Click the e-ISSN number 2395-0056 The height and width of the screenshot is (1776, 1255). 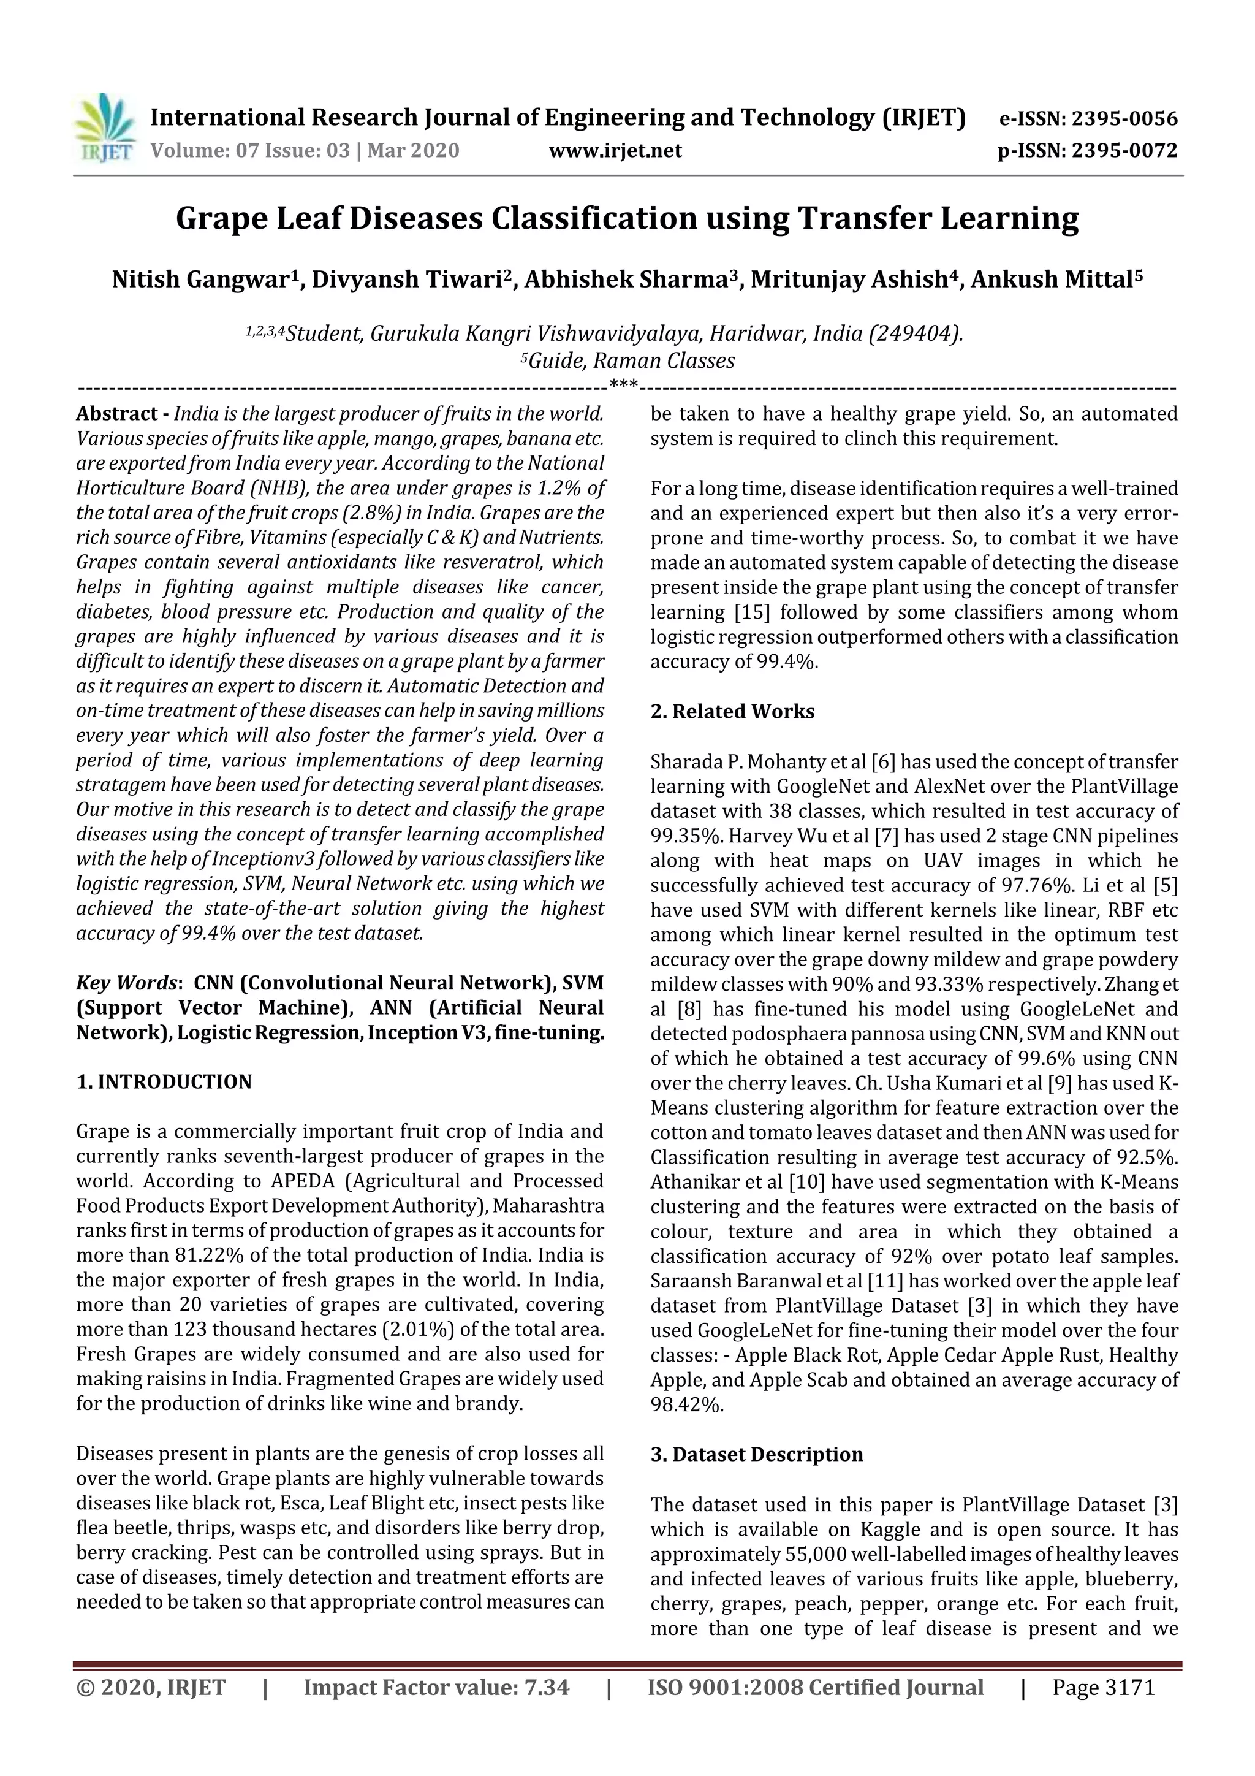click(1122, 119)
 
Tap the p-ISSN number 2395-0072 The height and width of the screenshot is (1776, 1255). click(1123, 150)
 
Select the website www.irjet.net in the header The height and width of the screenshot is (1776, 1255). click(615, 150)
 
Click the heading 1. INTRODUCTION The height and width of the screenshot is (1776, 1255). click(164, 1081)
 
